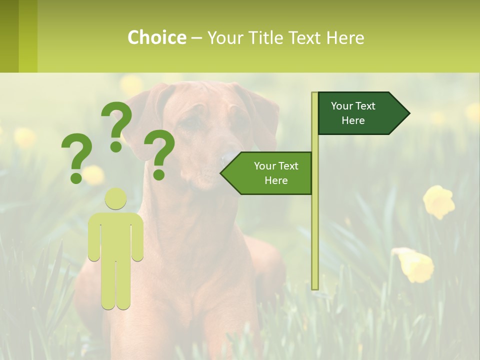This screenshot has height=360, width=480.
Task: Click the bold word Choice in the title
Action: [156, 37]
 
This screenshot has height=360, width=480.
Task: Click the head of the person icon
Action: [115, 198]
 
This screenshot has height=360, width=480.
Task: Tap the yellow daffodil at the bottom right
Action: [415, 265]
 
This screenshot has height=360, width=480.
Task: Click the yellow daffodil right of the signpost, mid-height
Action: [438, 201]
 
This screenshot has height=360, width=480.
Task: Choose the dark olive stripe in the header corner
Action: [9, 36]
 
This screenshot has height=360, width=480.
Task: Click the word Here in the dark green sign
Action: [353, 120]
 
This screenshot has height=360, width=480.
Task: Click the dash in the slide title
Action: [196, 38]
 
